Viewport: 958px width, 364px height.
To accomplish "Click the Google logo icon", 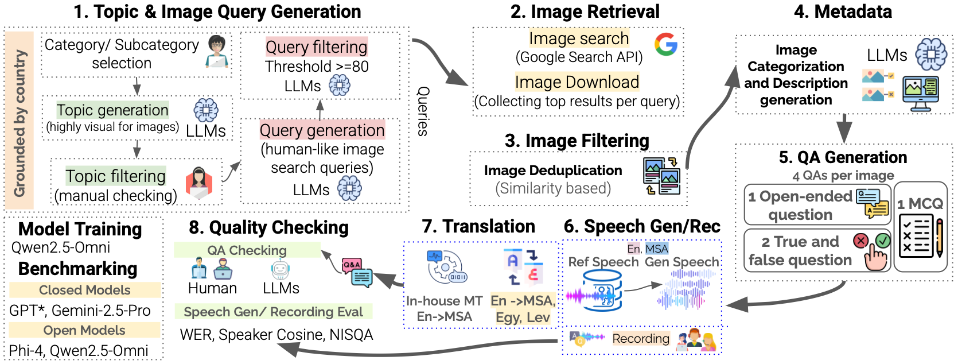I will point(665,44).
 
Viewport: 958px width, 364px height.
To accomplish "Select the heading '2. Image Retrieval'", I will point(585,11).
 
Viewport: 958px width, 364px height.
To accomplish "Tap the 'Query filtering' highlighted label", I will point(316,47).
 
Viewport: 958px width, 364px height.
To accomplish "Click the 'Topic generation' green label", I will point(112,110).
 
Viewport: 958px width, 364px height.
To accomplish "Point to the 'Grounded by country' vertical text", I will point(20,122).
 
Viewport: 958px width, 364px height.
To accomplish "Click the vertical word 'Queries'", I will point(423,111).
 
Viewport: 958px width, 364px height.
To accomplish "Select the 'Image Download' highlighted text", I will point(577,82).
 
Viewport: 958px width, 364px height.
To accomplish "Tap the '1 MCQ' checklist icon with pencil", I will point(920,236).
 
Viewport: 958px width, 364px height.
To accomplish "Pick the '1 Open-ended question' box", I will point(817,205).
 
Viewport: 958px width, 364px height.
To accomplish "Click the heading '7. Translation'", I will point(478,226).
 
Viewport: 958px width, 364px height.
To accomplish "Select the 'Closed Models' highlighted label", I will point(84,290).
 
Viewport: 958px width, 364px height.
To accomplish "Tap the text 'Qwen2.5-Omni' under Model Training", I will point(61,247).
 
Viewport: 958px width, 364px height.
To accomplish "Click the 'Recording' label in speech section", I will point(640,339).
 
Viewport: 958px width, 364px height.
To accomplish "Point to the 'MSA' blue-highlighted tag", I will point(656,249).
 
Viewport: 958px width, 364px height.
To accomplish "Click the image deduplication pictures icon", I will point(661,176).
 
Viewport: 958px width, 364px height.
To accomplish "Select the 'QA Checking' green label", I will point(247,250).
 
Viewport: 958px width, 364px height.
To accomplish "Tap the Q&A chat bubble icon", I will point(357,272).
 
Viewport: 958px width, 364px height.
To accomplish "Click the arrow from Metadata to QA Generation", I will point(844,128).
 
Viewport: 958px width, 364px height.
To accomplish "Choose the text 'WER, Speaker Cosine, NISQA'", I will point(276,335).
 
